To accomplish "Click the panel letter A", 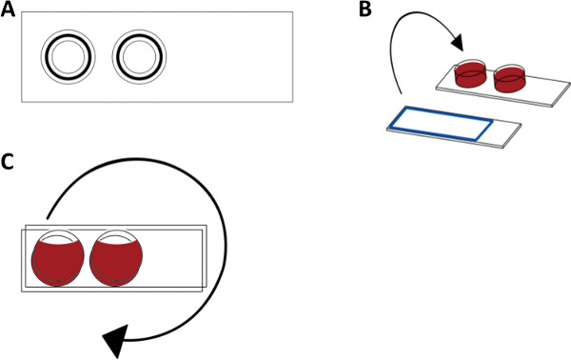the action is click(x=8, y=10).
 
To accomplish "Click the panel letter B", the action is click(x=364, y=10).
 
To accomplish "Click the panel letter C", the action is click(x=8, y=162).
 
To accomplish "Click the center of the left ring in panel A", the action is click(x=69, y=57).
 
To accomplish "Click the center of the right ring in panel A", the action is click(x=140, y=57).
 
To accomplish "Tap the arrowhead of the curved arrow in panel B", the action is click(x=458, y=42).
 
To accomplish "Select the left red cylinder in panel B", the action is click(x=470, y=74).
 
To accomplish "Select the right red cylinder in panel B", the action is click(x=510, y=79).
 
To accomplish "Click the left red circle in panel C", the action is click(x=58, y=260).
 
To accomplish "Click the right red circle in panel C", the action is click(x=116, y=260).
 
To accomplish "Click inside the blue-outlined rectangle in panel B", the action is click(x=442, y=123).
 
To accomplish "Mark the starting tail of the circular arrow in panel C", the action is click(x=47, y=218).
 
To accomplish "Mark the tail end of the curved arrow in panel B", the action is click(x=401, y=93).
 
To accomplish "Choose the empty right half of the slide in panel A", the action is click(x=229, y=57).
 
